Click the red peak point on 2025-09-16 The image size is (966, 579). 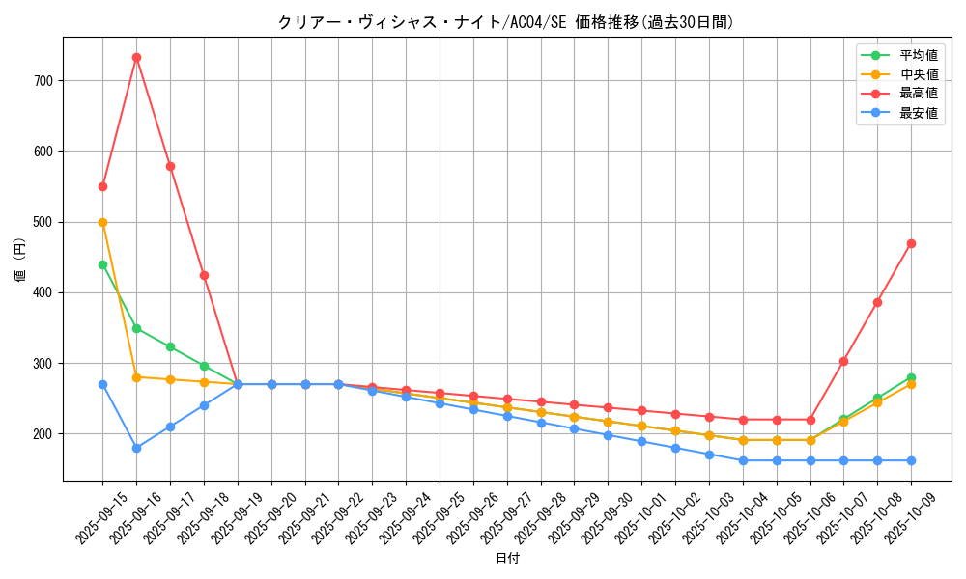136,57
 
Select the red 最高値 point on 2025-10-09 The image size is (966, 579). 911,243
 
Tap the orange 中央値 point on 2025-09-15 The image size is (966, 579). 102,222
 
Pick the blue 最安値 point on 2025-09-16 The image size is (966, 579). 136,448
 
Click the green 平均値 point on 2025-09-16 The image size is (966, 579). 136,328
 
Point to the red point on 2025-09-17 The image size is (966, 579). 170,166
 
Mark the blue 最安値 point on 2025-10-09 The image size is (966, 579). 911,460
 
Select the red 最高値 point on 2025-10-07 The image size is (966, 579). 843,361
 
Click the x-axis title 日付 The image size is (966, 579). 507,559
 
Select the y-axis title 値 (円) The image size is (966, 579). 20,261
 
